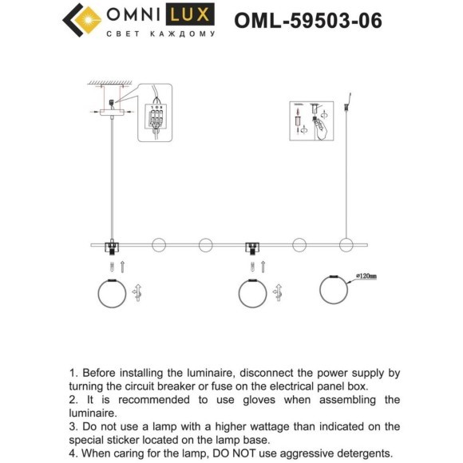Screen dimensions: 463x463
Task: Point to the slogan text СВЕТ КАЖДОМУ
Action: [x=161, y=35]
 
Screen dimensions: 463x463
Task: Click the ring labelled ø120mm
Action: [x=336, y=290]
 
